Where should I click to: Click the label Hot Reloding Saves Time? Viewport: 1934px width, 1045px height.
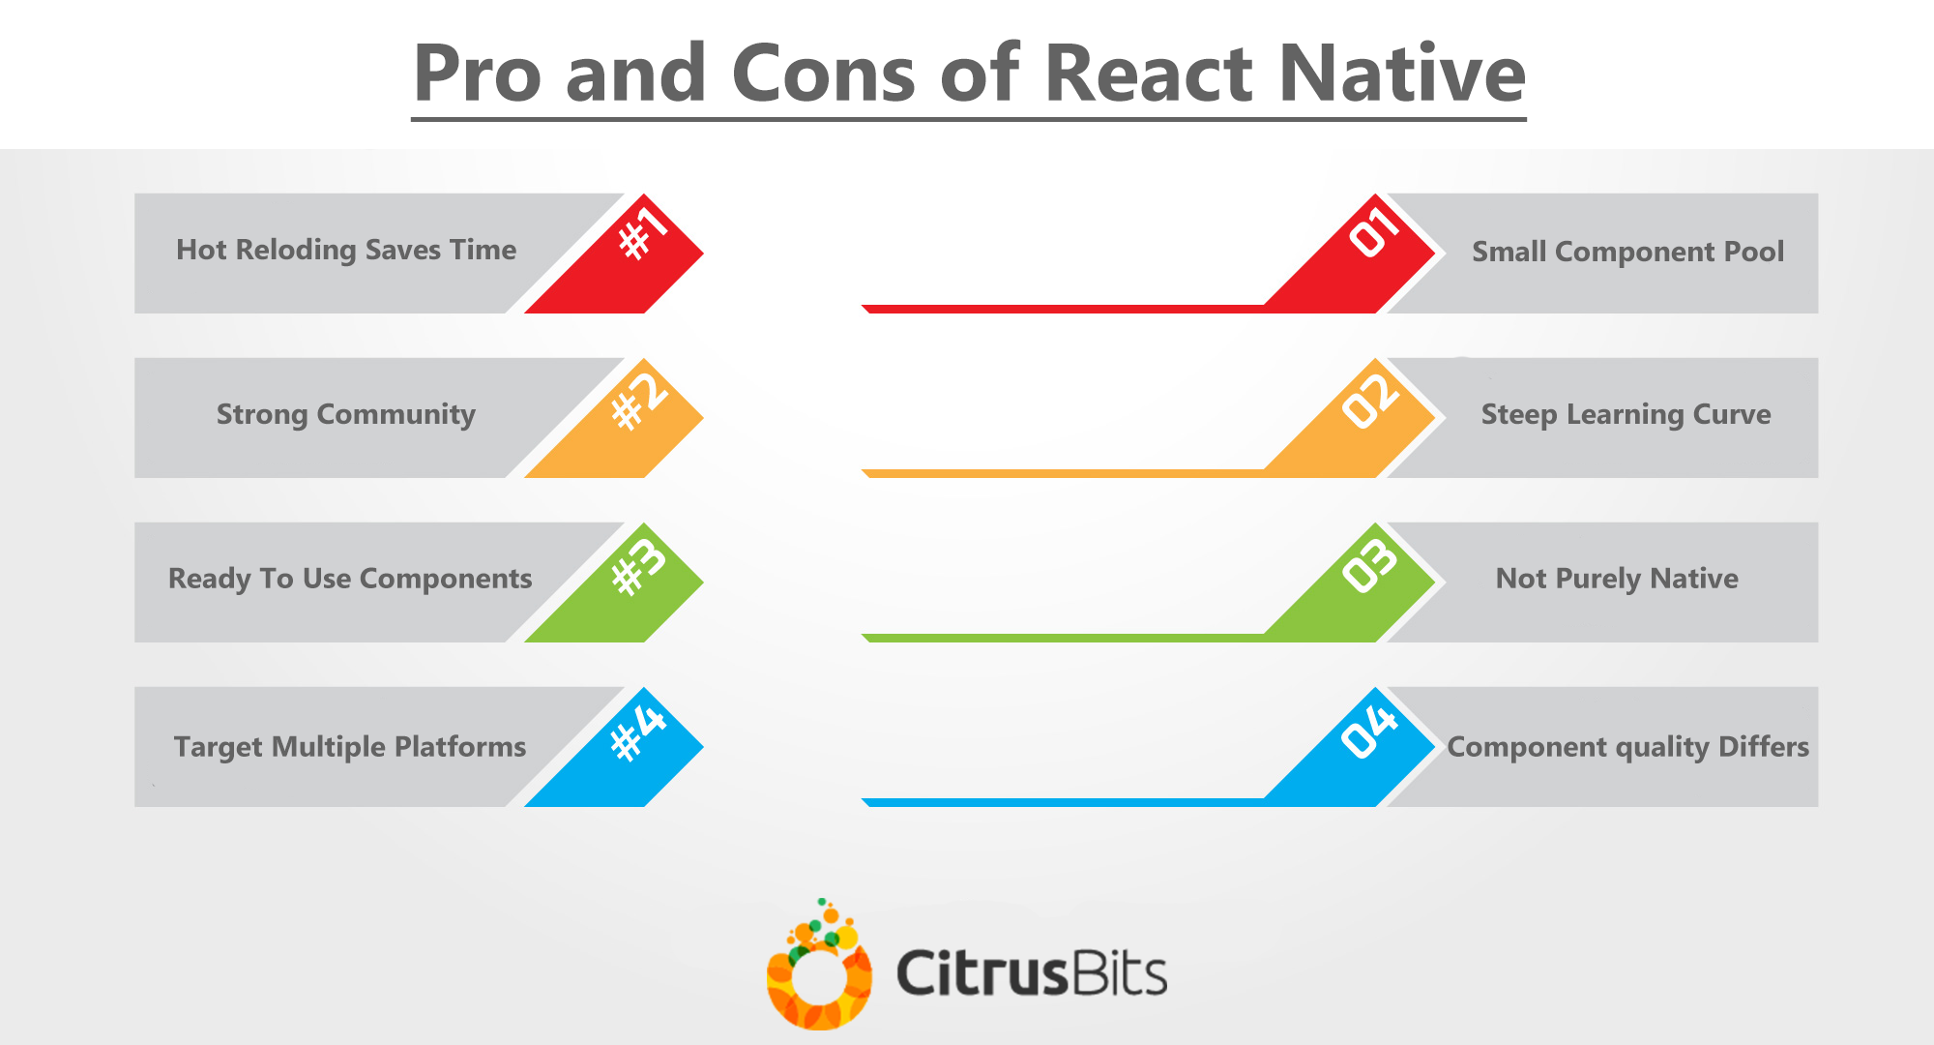346,251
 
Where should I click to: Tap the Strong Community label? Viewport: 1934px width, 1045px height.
346,415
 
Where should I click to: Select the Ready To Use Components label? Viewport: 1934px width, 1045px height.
350,579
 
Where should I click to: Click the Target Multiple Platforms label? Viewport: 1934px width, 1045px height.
350,747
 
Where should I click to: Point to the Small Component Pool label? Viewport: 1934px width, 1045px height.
1628,252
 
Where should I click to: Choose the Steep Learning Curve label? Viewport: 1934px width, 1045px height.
1626,415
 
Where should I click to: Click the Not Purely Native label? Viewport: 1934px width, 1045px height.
1617,579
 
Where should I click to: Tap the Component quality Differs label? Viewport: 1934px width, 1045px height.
1628,747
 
